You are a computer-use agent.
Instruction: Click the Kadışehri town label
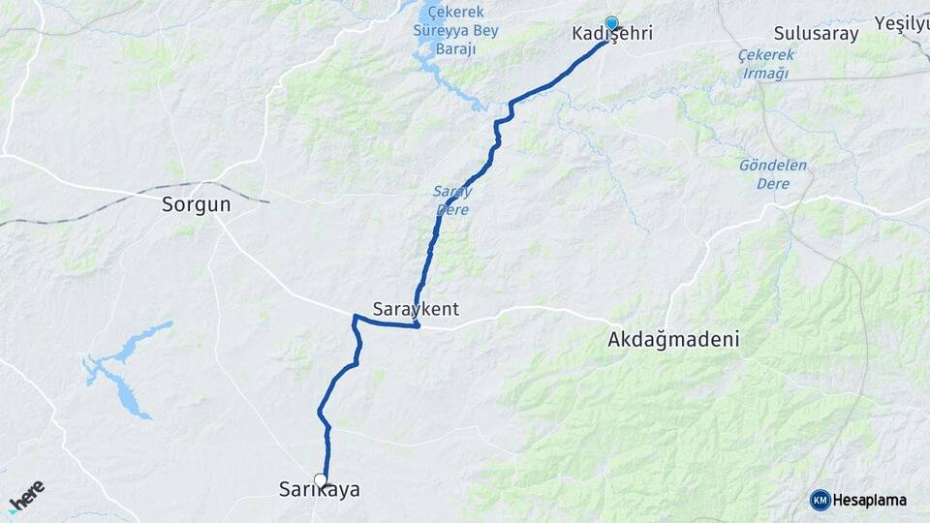[x=612, y=35]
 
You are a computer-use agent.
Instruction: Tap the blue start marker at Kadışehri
[x=611, y=22]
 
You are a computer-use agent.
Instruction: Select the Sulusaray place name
[x=817, y=35]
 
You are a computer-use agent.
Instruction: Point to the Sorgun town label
[x=197, y=205]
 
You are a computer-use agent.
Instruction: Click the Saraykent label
[x=416, y=310]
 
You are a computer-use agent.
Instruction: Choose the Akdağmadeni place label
[x=673, y=340]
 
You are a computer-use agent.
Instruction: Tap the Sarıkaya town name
[x=320, y=491]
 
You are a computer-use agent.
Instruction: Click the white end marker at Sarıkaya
[x=321, y=479]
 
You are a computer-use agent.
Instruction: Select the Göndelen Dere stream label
[x=773, y=173]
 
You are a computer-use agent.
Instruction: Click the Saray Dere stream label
[x=451, y=200]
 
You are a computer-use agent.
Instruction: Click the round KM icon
[x=820, y=500]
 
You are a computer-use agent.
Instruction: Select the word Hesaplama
[x=869, y=501]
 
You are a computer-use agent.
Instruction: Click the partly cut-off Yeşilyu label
[x=901, y=22]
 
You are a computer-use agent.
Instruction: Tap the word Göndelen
[x=773, y=165]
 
